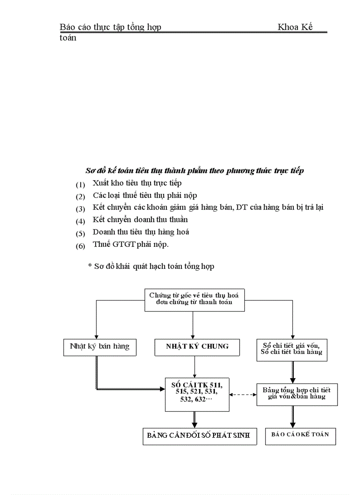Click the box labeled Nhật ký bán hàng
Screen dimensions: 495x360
[99, 346]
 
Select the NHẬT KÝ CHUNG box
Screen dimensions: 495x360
[197, 346]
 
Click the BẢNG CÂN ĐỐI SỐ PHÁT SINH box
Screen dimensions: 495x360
[199, 436]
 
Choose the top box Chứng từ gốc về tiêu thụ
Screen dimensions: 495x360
[194, 298]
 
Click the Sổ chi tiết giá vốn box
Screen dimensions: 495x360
[291, 348]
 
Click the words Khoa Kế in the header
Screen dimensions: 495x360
[295, 27]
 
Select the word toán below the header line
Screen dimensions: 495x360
[68, 38]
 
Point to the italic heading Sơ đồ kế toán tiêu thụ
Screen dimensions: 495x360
[194, 171]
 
